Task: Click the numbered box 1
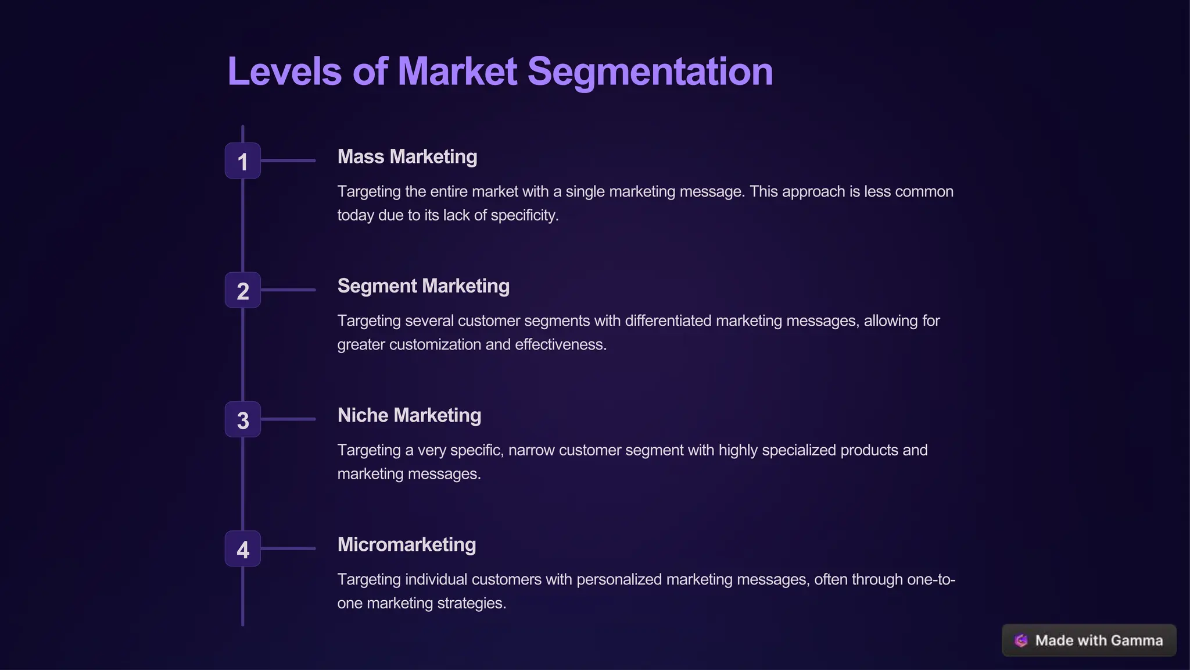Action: [242, 161]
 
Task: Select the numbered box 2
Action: [242, 290]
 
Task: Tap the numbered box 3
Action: [242, 419]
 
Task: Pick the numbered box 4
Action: [242, 548]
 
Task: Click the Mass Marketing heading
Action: [407, 156]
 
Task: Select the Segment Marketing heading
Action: [423, 286]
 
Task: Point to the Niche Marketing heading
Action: [409, 415]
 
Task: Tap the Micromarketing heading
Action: [406, 544]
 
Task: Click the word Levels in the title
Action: [284, 72]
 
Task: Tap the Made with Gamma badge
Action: [1089, 640]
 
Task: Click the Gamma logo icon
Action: [1021, 640]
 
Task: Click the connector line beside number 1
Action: [288, 161]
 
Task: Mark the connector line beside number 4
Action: [288, 548]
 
